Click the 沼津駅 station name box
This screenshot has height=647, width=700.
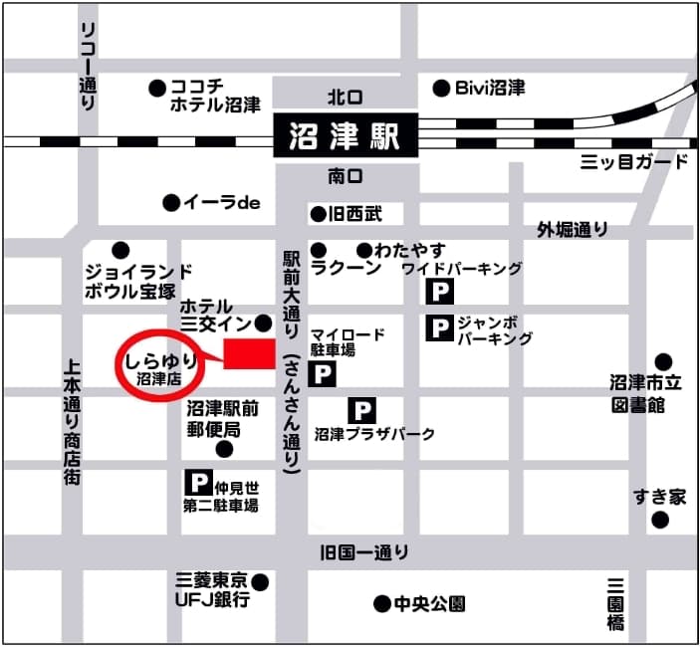(x=346, y=134)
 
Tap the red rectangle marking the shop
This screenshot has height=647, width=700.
(x=249, y=354)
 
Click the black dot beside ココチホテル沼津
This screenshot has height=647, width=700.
(x=156, y=88)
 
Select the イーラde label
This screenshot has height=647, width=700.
(x=221, y=202)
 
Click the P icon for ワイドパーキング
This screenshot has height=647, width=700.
(x=440, y=292)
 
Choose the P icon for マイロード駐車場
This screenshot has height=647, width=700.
(x=323, y=374)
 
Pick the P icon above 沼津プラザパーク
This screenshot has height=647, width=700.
(x=362, y=410)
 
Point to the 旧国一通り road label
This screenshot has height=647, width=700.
(x=364, y=552)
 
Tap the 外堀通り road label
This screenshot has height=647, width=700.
(x=573, y=230)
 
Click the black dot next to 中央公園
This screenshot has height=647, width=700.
(x=380, y=603)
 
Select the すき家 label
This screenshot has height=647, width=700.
(x=659, y=496)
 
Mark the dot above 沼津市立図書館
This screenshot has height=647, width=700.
(x=663, y=361)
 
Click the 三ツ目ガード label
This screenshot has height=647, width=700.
(x=634, y=162)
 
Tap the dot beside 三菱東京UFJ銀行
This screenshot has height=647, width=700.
(x=261, y=581)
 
